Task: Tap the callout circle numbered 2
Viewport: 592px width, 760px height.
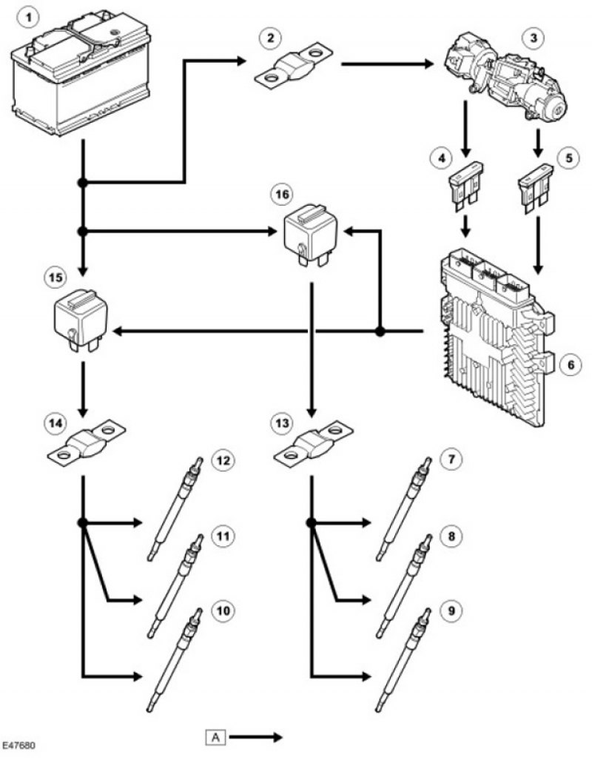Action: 271,37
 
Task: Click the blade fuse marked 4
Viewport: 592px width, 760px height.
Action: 466,187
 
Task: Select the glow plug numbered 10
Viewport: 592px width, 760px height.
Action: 175,660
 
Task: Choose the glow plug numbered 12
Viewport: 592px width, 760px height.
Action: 175,508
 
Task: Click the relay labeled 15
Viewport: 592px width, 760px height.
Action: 81,318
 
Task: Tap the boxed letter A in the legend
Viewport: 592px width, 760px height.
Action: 216,738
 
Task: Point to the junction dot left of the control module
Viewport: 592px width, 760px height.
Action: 380,332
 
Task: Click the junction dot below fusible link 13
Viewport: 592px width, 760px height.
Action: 312,522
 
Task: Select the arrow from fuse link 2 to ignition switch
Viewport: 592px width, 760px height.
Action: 388,64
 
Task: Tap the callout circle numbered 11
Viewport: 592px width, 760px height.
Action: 223,536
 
